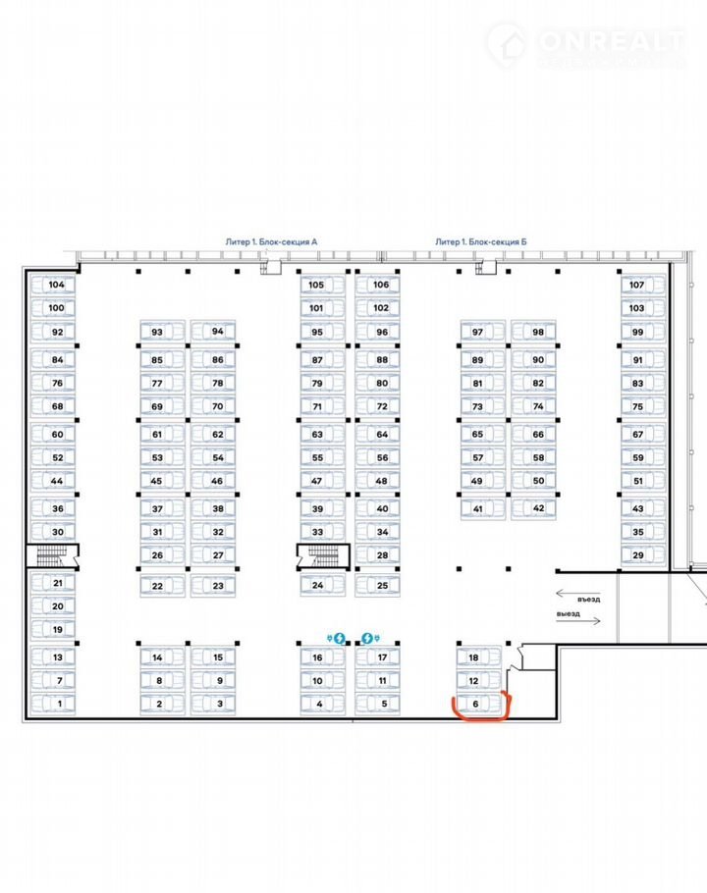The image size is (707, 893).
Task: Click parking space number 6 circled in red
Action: coord(474,704)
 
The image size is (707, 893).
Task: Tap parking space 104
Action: coord(57,285)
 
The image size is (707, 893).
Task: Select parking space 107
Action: coord(637,285)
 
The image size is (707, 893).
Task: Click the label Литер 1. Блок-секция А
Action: coord(272,240)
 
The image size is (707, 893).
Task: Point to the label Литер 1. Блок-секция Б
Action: coord(482,240)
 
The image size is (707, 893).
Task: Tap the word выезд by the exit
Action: coord(569,615)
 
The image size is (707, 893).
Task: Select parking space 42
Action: coord(538,508)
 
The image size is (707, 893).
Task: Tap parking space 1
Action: coord(59,704)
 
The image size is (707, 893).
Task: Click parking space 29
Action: coord(637,556)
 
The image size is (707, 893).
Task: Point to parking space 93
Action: coord(157,332)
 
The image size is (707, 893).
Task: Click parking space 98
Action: coord(538,332)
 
